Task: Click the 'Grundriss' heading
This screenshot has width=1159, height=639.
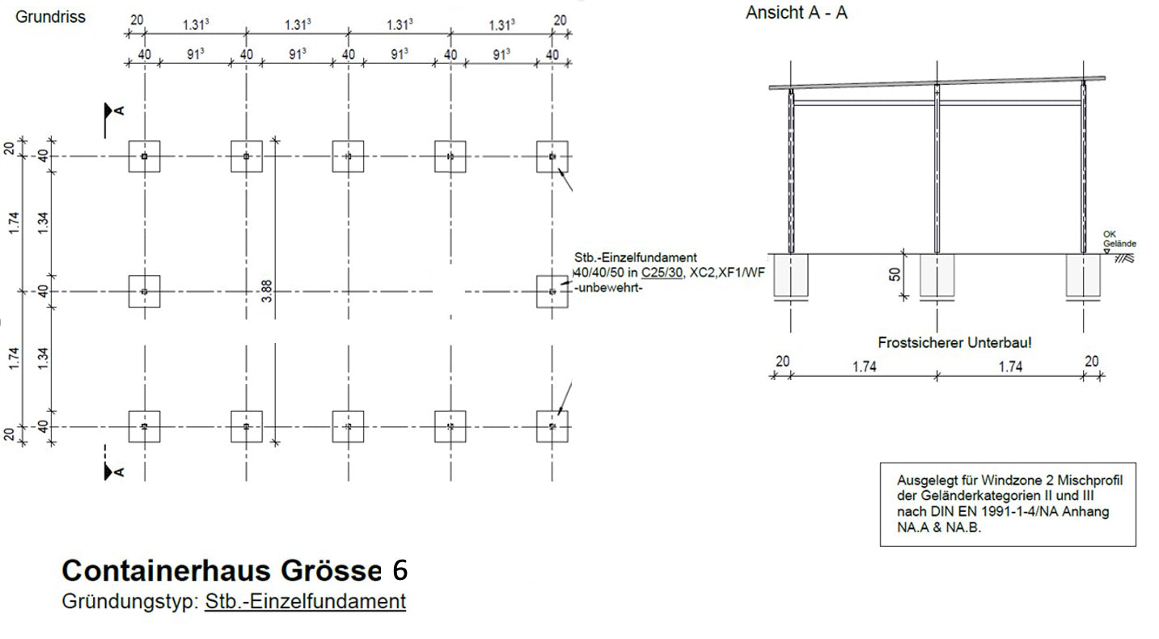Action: click(x=50, y=16)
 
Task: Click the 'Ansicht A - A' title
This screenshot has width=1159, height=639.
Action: click(x=796, y=13)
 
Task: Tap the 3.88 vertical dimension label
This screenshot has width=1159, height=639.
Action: click(x=267, y=291)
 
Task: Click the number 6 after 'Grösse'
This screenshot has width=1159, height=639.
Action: click(x=400, y=570)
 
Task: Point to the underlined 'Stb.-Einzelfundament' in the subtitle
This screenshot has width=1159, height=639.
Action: click(x=305, y=602)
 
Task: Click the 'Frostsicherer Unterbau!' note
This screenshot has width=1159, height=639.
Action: click(x=954, y=343)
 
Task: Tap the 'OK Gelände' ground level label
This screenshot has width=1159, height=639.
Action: click(x=1119, y=239)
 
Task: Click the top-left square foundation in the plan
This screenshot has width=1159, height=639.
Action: click(x=144, y=156)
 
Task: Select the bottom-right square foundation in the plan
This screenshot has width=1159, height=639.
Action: click(x=552, y=426)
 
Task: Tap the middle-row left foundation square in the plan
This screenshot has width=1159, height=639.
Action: click(x=144, y=291)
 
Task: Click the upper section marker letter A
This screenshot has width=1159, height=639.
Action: click(x=119, y=111)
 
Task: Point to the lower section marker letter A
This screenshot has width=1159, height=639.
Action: click(x=119, y=471)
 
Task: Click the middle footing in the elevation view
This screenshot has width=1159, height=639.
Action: click(x=937, y=275)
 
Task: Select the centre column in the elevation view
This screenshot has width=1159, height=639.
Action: click(x=937, y=170)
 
